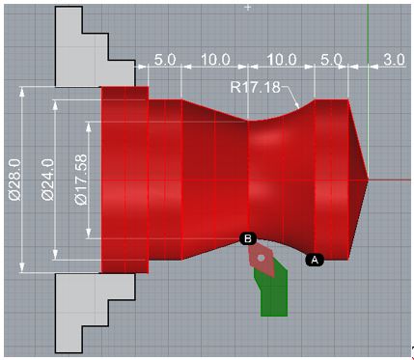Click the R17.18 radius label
pyautogui.click(x=255, y=87)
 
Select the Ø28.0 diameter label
pyautogui.click(x=15, y=180)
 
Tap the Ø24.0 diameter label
pyautogui.click(x=48, y=180)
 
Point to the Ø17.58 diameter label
pyautogui.click(x=80, y=180)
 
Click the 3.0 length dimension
pyautogui.click(x=394, y=60)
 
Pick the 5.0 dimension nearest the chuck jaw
pyautogui.click(x=165, y=60)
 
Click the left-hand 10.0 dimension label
pyautogui.click(x=215, y=60)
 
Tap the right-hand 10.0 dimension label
pyautogui.click(x=282, y=60)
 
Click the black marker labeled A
pyautogui.click(x=315, y=260)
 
